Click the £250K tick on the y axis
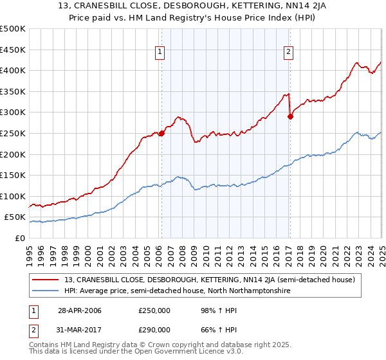(x=12, y=133)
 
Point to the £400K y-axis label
(x=12, y=71)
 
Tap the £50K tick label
(x=15, y=217)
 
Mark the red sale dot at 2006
(x=161, y=133)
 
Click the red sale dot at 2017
(x=289, y=116)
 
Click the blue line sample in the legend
(x=46, y=291)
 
